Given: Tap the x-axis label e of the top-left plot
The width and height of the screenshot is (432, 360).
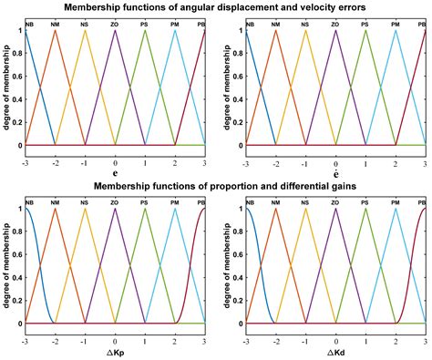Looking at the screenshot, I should click(116, 170).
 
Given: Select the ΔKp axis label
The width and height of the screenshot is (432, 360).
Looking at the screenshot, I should click(116, 350).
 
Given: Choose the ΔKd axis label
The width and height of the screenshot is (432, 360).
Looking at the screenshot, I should click(336, 350).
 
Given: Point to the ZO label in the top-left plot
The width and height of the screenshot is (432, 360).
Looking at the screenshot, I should click(116, 24).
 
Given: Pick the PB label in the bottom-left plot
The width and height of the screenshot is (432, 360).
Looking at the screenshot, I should click(203, 203).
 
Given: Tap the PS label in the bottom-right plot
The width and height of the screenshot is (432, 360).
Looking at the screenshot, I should click(365, 203).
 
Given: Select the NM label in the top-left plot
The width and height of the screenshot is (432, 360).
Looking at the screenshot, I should click(57, 24).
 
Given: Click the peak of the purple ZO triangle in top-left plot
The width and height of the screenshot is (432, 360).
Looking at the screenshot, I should click(116, 32).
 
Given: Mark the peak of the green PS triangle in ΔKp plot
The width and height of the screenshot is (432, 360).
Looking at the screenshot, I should click(145, 211).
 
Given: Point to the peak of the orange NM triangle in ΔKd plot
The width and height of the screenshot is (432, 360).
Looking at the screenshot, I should click(276, 211).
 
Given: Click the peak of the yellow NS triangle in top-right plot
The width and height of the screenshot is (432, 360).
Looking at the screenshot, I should click(306, 32).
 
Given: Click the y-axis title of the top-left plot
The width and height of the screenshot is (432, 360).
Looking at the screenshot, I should click(6, 88).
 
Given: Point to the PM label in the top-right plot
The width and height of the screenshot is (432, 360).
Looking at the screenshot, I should click(395, 24).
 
